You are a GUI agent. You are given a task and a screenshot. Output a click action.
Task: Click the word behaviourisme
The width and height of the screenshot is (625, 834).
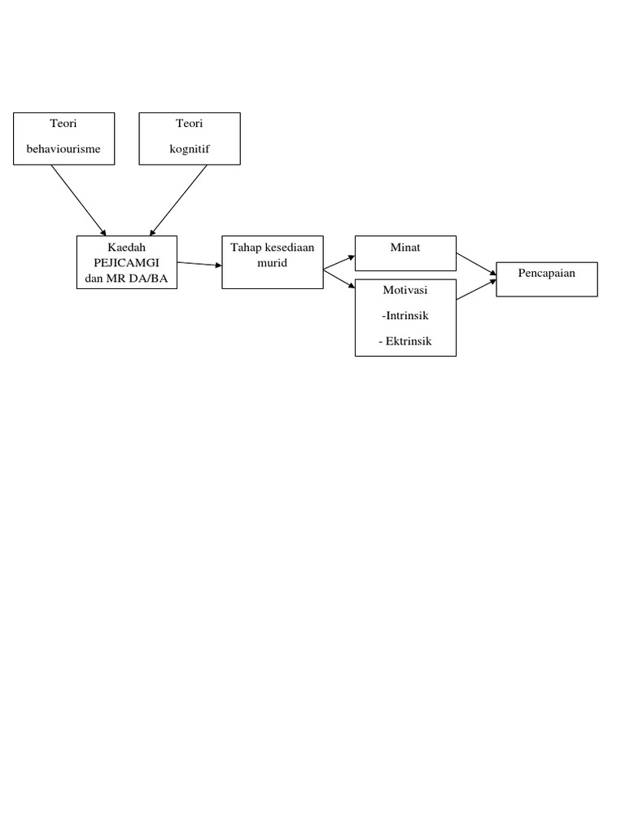[x=63, y=150]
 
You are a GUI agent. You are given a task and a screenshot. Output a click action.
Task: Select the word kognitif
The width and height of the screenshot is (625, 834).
[x=190, y=150]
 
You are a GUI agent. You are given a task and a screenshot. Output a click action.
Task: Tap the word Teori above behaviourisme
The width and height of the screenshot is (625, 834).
[x=63, y=124]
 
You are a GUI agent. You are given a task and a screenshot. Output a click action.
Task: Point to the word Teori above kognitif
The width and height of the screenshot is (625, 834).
[x=190, y=124]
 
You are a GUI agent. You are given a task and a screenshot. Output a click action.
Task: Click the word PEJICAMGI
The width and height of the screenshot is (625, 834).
[x=126, y=262]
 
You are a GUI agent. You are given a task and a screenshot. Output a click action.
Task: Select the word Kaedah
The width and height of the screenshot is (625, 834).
[x=126, y=248]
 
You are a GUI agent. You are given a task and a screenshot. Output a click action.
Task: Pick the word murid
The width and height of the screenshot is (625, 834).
[x=273, y=262]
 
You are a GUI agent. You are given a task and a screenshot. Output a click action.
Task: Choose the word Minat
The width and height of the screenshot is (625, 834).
[x=405, y=248]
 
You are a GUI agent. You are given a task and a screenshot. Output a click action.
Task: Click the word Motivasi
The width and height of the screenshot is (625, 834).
[x=405, y=290]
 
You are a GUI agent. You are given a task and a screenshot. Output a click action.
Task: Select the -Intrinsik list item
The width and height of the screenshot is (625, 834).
[x=405, y=315]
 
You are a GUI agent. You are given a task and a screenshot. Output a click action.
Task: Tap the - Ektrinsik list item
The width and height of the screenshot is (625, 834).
[x=405, y=341]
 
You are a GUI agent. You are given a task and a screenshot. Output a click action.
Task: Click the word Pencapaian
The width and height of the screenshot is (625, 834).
[x=547, y=273]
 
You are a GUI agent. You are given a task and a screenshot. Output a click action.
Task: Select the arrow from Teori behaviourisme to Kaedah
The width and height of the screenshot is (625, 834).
[x=78, y=200]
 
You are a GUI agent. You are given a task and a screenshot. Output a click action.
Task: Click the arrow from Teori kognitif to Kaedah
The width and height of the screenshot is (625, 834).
[x=178, y=200]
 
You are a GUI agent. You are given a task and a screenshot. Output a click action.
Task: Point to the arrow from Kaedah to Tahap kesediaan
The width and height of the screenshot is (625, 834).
[x=199, y=264]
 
